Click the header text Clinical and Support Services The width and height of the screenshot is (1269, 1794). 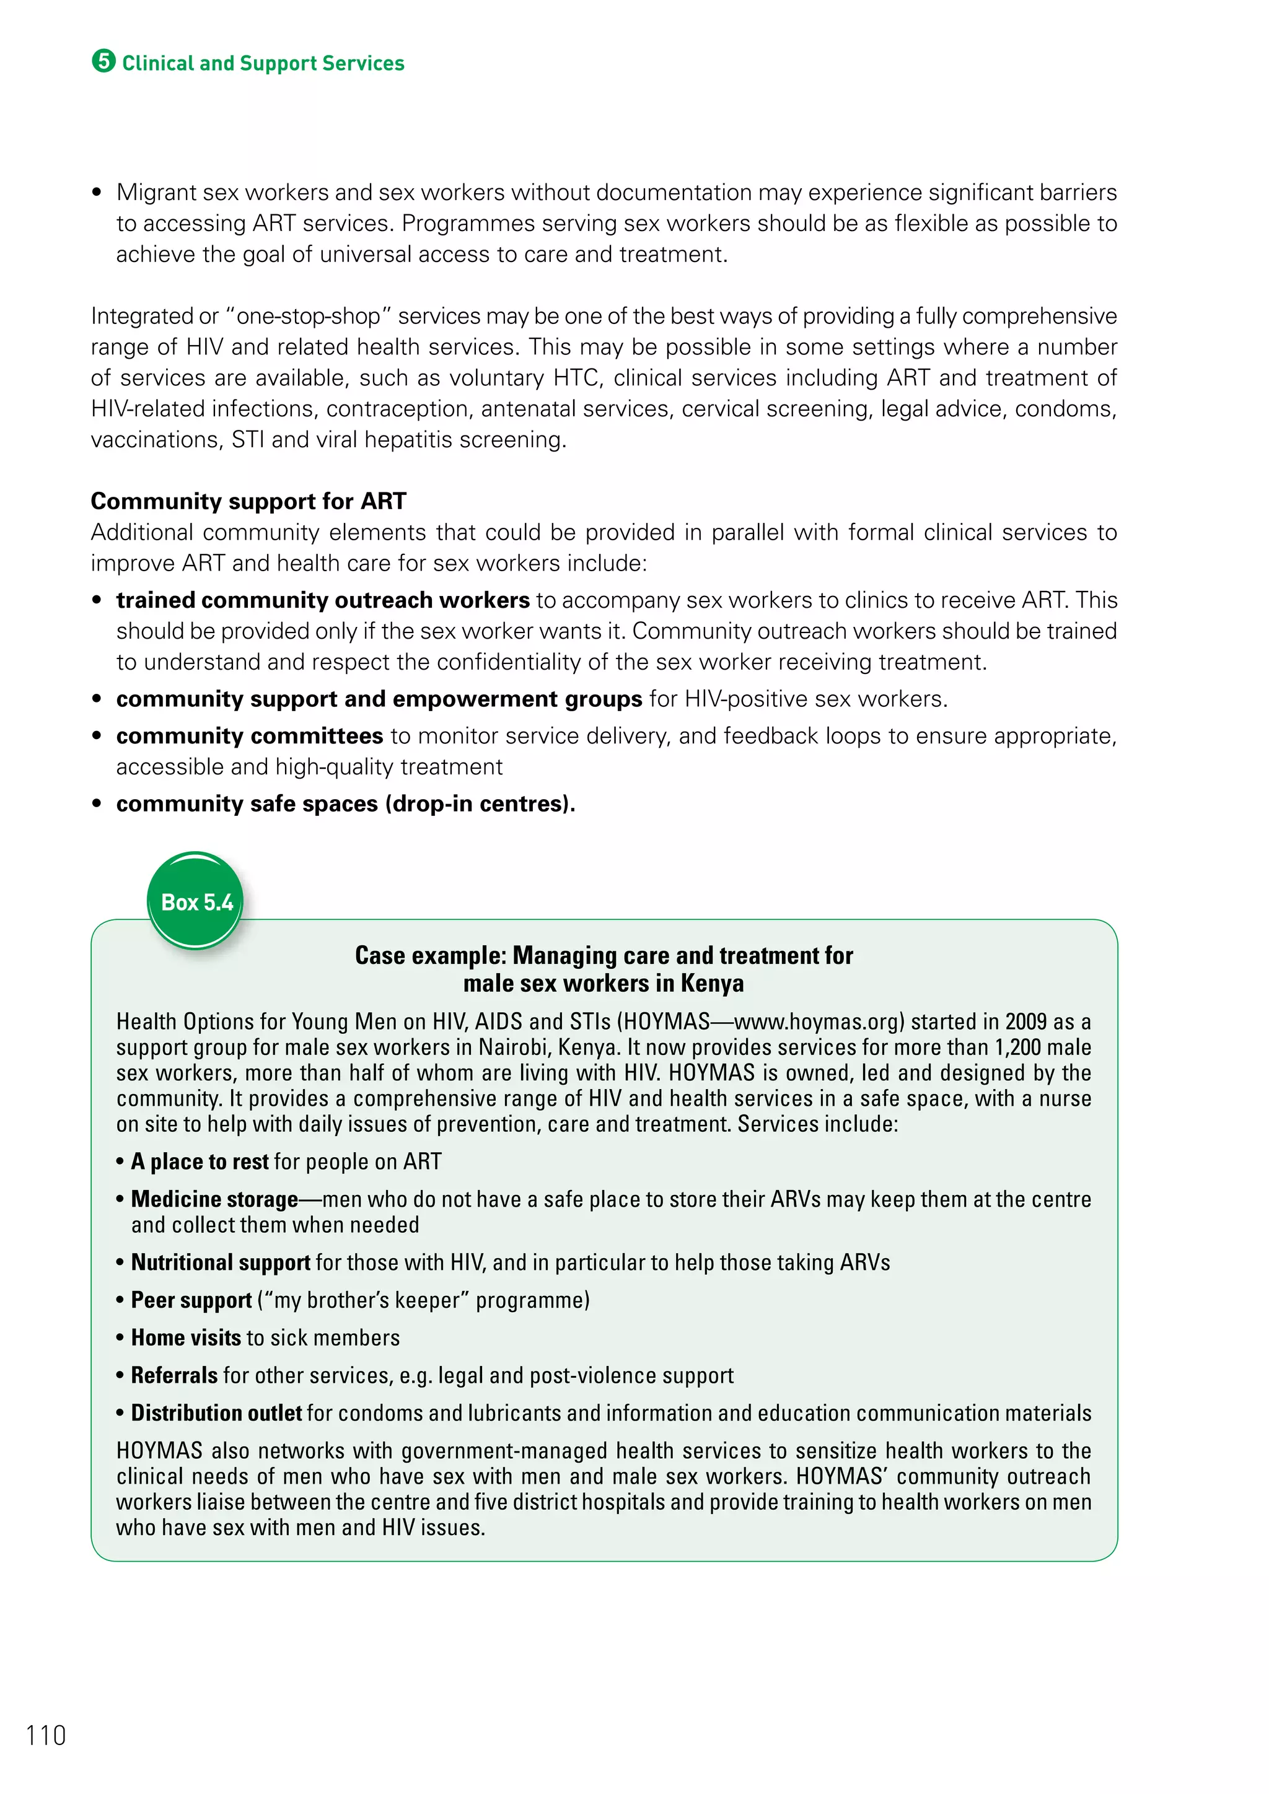coord(263,63)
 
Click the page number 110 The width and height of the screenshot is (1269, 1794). coord(46,1735)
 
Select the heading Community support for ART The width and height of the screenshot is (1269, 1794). coord(248,501)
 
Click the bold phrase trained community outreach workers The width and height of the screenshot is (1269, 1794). coord(323,600)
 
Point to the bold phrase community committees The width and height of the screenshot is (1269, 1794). coord(249,736)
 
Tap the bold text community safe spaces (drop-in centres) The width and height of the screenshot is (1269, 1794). coord(345,804)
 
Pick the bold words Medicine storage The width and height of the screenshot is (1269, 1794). coord(214,1199)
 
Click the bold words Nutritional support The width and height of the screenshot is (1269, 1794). coord(221,1262)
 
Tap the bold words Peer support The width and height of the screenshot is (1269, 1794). coord(191,1300)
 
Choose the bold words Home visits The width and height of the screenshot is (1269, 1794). coord(186,1337)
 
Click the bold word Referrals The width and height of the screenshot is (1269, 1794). coord(174,1375)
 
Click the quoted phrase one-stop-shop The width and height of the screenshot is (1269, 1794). coord(308,317)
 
